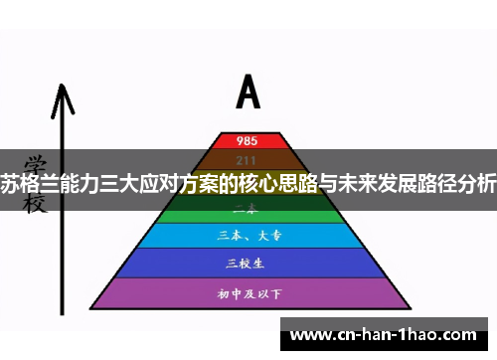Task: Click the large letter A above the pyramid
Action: pyautogui.click(x=248, y=92)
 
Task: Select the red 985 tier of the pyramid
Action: pyautogui.click(x=248, y=140)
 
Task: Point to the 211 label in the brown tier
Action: pyautogui.click(x=248, y=159)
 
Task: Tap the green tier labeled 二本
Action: pyautogui.click(x=248, y=210)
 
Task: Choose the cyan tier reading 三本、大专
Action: pyautogui.click(x=248, y=237)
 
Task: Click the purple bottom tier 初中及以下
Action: pyautogui.click(x=248, y=293)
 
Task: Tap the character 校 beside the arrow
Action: pyautogui.click(x=36, y=203)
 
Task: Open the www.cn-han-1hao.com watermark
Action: pyautogui.click(x=387, y=334)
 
